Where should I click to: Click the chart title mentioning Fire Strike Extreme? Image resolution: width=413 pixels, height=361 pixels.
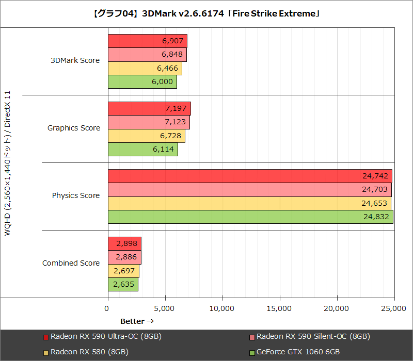coord(206,14)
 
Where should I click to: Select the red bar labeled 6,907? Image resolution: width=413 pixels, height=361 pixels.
coord(147,41)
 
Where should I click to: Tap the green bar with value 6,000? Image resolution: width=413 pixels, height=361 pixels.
coord(142,82)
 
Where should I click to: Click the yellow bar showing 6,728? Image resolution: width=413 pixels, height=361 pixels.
coord(146,136)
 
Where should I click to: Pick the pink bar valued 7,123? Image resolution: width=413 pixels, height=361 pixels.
coord(149,122)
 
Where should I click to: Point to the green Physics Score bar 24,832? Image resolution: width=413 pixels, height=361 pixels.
coord(250,217)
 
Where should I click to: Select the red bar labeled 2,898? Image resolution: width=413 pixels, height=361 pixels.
coord(124,243)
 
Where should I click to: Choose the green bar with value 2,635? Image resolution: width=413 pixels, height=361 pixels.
coord(123,284)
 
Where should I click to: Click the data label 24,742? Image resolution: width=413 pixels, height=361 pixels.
coord(375,176)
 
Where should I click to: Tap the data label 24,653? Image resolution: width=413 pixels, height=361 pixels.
coord(374,203)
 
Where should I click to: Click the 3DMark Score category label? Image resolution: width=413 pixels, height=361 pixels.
coord(75,60)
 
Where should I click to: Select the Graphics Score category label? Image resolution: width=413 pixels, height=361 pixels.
coord(73,128)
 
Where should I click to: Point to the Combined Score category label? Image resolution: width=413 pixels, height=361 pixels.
coord(71,263)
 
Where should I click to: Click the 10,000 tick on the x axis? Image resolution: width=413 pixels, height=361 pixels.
coord(223,308)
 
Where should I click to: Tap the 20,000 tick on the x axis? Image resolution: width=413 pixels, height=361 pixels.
coord(337,308)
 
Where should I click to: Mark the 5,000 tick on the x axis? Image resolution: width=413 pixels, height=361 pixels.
coord(165,308)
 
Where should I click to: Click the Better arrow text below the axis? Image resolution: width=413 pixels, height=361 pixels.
coord(137,321)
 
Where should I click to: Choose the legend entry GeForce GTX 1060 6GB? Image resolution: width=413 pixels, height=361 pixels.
coord(298,352)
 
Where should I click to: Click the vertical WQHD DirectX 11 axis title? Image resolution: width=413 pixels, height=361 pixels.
coord(7,163)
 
